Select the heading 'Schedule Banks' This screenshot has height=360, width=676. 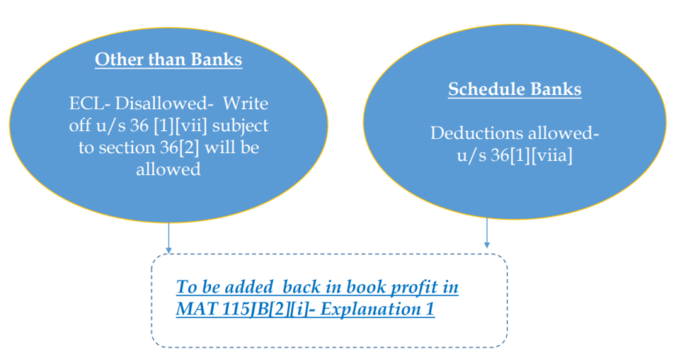click(x=502, y=89)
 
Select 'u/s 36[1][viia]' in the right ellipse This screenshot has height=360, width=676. click(x=502, y=155)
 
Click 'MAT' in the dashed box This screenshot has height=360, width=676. click(x=195, y=310)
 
